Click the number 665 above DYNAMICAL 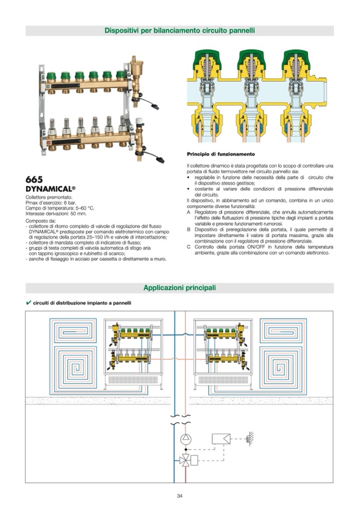point(34,179)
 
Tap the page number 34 point(179,496)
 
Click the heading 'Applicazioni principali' point(180,288)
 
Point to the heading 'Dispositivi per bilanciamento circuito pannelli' point(179,31)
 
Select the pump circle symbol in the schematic point(185,439)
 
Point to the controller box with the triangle point(220,439)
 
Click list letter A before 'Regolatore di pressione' point(188,211)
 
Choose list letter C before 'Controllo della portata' point(188,247)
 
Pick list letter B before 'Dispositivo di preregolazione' point(188,229)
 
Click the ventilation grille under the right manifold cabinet point(221,380)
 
